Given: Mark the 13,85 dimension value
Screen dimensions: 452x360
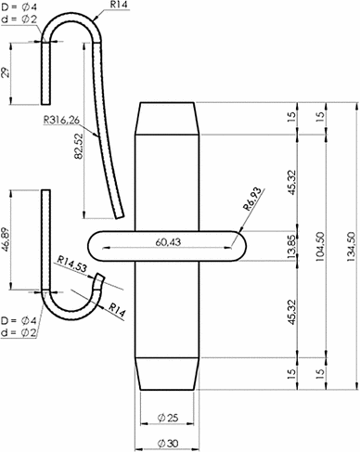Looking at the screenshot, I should click(292, 248).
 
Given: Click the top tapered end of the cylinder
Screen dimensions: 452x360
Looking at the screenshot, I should click(169, 117).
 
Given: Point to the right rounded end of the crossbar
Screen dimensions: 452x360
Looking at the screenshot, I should click(238, 249).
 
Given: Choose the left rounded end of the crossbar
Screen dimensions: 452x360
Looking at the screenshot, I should click(99, 249).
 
